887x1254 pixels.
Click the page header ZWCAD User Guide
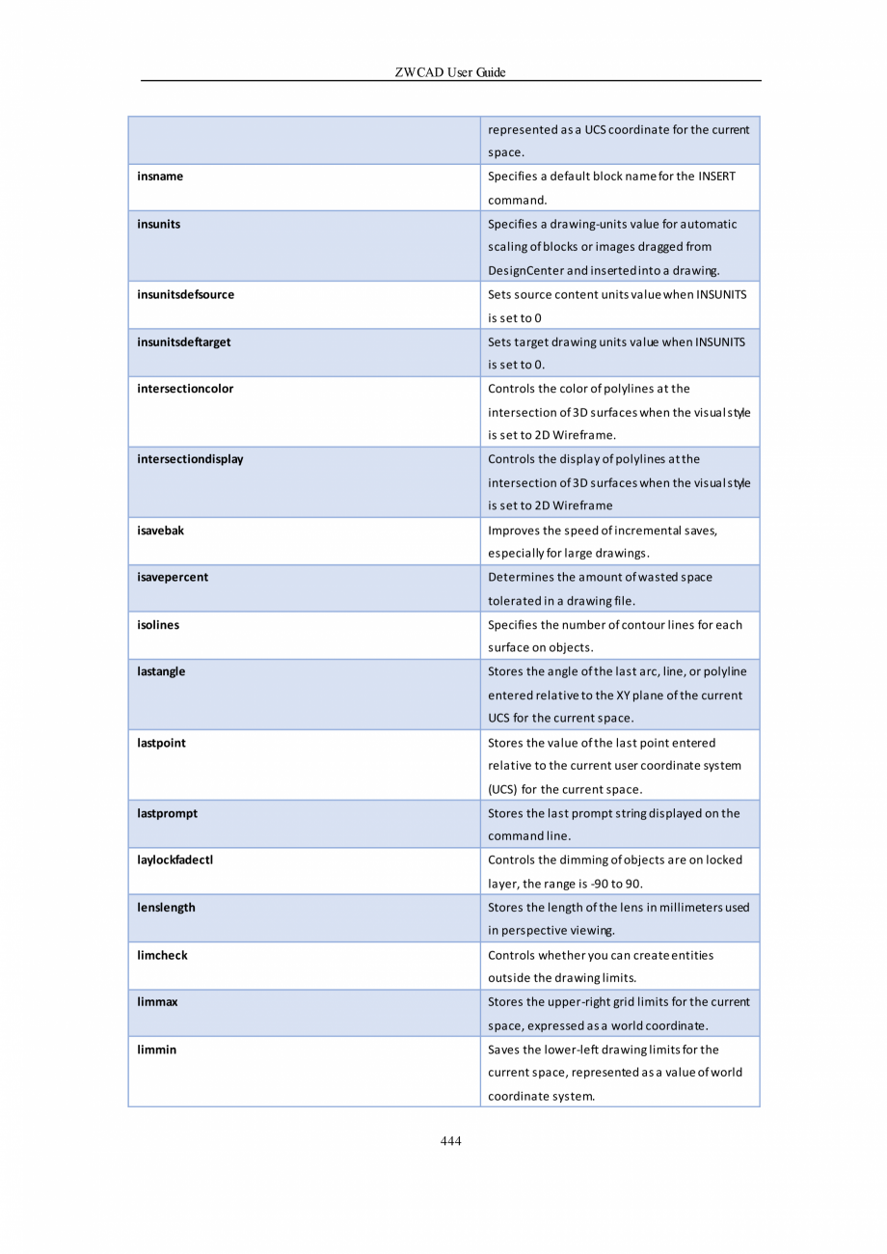pyautogui.click(x=450, y=72)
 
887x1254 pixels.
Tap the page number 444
pyautogui.click(x=450, y=1141)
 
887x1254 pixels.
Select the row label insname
pyautogui.click(x=160, y=177)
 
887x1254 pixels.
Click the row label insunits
pyautogui.click(x=158, y=224)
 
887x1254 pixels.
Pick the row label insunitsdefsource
pyautogui.click(x=185, y=294)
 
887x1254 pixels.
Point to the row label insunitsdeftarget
pyautogui.click(x=183, y=341)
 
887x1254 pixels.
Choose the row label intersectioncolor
pyautogui.click(x=185, y=389)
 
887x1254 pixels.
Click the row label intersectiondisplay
pyautogui.click(x=190, y=459)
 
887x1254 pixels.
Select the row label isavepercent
pyautogui.click(x=173, y=577)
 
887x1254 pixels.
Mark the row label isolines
pyautogui.click(x=158, y=625)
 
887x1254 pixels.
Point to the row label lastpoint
pyautogui.click(x=161, y=743)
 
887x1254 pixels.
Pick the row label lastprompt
pyautogui.click(x=167, y=813)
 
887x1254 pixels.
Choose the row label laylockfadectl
pyautogui.click(x=175, y=860)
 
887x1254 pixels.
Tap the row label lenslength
pyautogui.click(x=166, y=908)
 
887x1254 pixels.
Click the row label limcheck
pyautogui.click(x=162, y=955)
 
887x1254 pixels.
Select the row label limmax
pyautogui.click(x=157, y=1002)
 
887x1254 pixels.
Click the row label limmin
pyautogui.click(x=156, y=1050)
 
